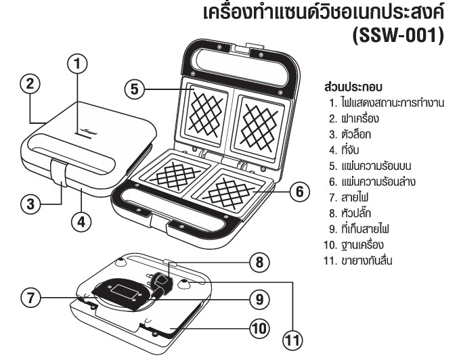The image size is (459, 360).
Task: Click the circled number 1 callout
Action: pos(80,65)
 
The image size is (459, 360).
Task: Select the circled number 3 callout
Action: pos(28,202)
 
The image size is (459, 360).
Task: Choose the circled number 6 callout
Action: pos(295,192)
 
